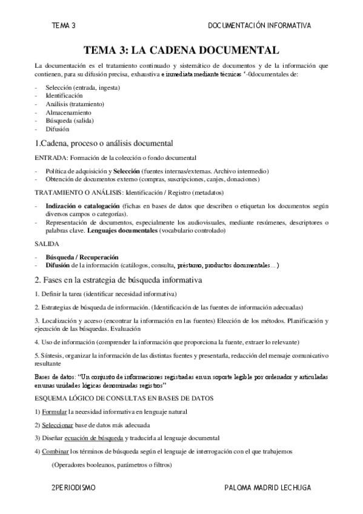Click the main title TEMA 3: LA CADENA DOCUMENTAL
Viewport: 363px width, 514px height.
pos(181,50)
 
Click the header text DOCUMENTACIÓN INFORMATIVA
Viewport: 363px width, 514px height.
pos(259,25)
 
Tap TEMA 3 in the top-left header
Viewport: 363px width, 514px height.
pos(64,25)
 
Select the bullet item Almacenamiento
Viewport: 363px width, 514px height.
pos(68,113)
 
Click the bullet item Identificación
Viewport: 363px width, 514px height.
pos(64,96)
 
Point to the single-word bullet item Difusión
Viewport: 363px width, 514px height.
pos(58,129)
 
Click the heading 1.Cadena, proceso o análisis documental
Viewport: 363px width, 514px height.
pos(104,144)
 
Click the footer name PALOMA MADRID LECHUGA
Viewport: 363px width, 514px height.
pos(267,487)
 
